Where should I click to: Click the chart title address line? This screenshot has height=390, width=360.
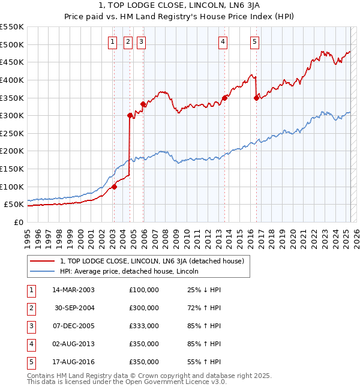(180, 6)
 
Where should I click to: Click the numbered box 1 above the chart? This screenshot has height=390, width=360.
(113, 42)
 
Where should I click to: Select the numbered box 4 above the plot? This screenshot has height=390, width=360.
(223, 42)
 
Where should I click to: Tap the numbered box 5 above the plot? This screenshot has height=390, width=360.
(255, 42)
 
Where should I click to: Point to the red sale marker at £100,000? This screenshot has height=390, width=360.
(114, 187)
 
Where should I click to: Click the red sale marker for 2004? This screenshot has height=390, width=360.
(130, 115)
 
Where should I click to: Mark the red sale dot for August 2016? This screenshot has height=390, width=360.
(256, 98)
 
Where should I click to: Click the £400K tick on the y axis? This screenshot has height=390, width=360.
(13, 80)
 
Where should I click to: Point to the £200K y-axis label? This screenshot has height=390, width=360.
(13, 151)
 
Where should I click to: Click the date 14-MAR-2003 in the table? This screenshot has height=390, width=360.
(73, 290)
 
